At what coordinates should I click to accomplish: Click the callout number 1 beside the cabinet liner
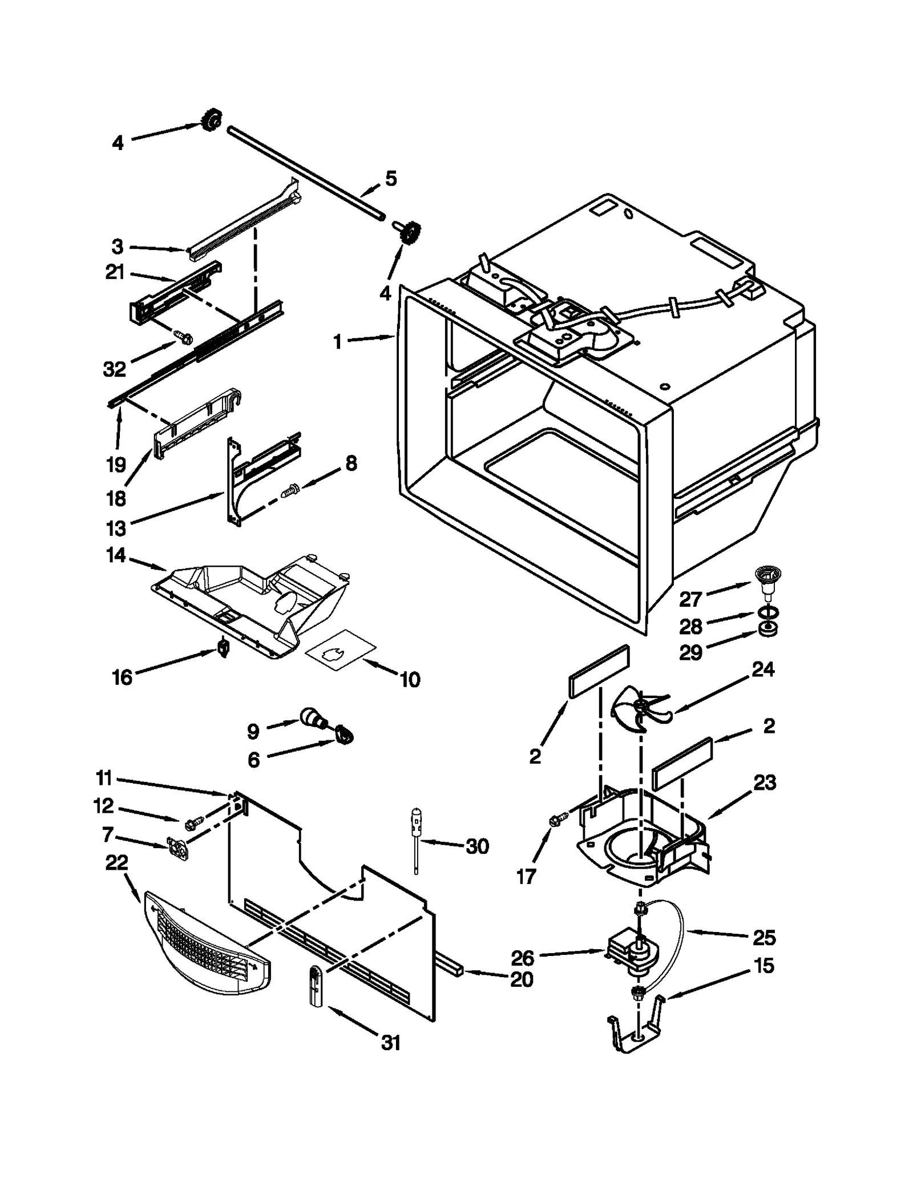point(337,342)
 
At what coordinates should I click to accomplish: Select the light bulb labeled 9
point(312,718)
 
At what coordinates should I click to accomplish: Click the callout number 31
point(390,1043)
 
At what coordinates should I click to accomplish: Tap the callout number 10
point(410,680)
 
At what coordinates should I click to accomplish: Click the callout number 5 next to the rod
point(391,179)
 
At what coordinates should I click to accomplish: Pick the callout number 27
point(690,599)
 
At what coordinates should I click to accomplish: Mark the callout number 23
point(764,782)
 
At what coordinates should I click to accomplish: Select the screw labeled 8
point(291,488)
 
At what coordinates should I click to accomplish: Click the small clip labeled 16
point(224,648)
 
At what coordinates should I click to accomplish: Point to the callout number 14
point(116,555)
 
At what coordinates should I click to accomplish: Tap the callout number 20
point(521,979)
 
